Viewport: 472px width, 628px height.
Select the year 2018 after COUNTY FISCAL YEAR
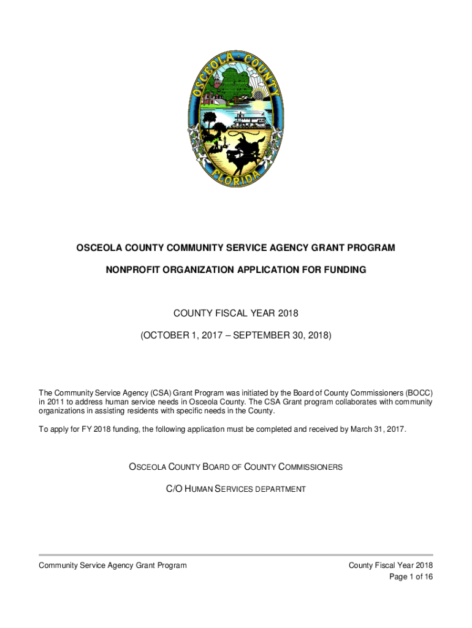(287, 314)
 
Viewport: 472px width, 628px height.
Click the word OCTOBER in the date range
(169, 336)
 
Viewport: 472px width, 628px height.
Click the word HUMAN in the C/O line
(194, 489)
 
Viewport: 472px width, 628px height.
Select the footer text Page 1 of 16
(411, 577)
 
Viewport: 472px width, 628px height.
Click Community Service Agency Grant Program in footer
(113, 565)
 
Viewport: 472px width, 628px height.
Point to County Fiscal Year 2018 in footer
(391, 565)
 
